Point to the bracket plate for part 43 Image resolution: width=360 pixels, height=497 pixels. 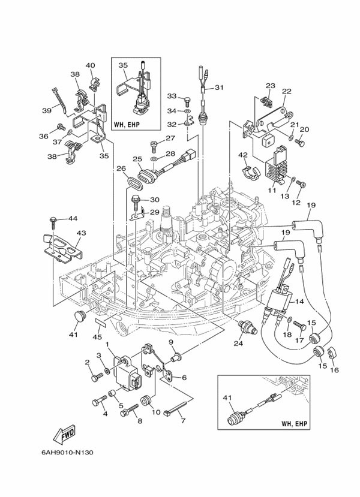[x=65, y=248]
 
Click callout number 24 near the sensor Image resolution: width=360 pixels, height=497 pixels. [x=238, y=344]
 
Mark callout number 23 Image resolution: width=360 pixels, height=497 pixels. [x=270, y=86]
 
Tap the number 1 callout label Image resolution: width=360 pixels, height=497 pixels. [x=107, y=345]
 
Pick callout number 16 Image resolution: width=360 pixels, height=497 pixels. [x=334, y=370]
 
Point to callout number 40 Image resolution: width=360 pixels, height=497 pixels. [x=90, y=65]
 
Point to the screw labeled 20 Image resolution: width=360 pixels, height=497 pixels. [x=300, y=143]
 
